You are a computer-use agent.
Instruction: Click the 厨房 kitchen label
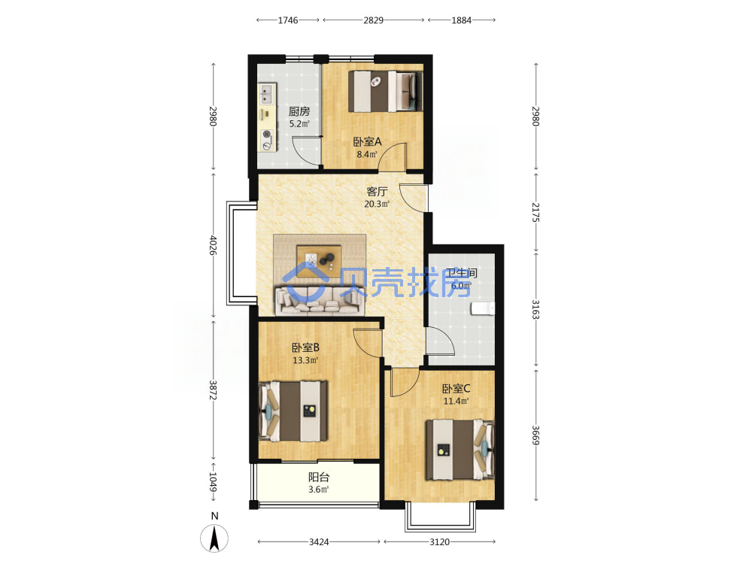pos(299,111)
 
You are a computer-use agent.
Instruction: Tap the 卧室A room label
pos(368,141)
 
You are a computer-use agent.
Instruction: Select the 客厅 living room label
pos(377,191)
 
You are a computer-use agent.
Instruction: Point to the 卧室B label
pos(305,347)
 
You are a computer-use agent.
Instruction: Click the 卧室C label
pos(456,388)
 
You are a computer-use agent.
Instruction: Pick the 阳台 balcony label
pos(319,478)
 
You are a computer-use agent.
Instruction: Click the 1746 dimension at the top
pos(288,20)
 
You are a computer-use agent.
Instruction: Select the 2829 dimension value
pos(373,20)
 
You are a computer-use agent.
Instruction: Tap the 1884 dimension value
pos(462,20)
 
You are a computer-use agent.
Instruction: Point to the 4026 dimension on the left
pos(214,245)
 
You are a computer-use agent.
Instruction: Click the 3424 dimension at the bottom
pos(319,542)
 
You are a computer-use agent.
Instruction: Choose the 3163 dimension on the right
pos(535,309)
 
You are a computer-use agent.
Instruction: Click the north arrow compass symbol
pos(214,538)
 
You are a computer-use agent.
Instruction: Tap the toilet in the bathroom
pos(483,308)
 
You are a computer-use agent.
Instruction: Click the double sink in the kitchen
pos(267,93)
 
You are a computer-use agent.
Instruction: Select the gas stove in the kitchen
pos(267,140)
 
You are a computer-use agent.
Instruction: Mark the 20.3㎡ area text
pos(377,204)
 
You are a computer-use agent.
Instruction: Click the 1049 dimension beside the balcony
pos(214,482)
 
